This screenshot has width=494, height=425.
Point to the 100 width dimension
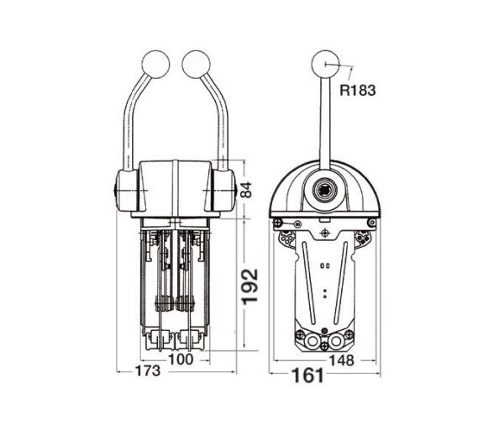[x=181, y=359]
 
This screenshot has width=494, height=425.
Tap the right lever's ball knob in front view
[x=196, y=64]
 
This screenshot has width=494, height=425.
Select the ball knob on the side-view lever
[x=324, y=64]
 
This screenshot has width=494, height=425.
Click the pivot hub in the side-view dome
[x=324, y=192]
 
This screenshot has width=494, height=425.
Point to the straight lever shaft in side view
[x=324, y=126]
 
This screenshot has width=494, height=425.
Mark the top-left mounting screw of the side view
[x=278, y=223]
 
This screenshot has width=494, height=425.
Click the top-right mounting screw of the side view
[x=370, y=223]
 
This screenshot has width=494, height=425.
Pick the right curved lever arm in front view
[x=220, y=118]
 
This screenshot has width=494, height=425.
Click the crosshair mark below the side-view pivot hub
[x=324, y=229]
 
